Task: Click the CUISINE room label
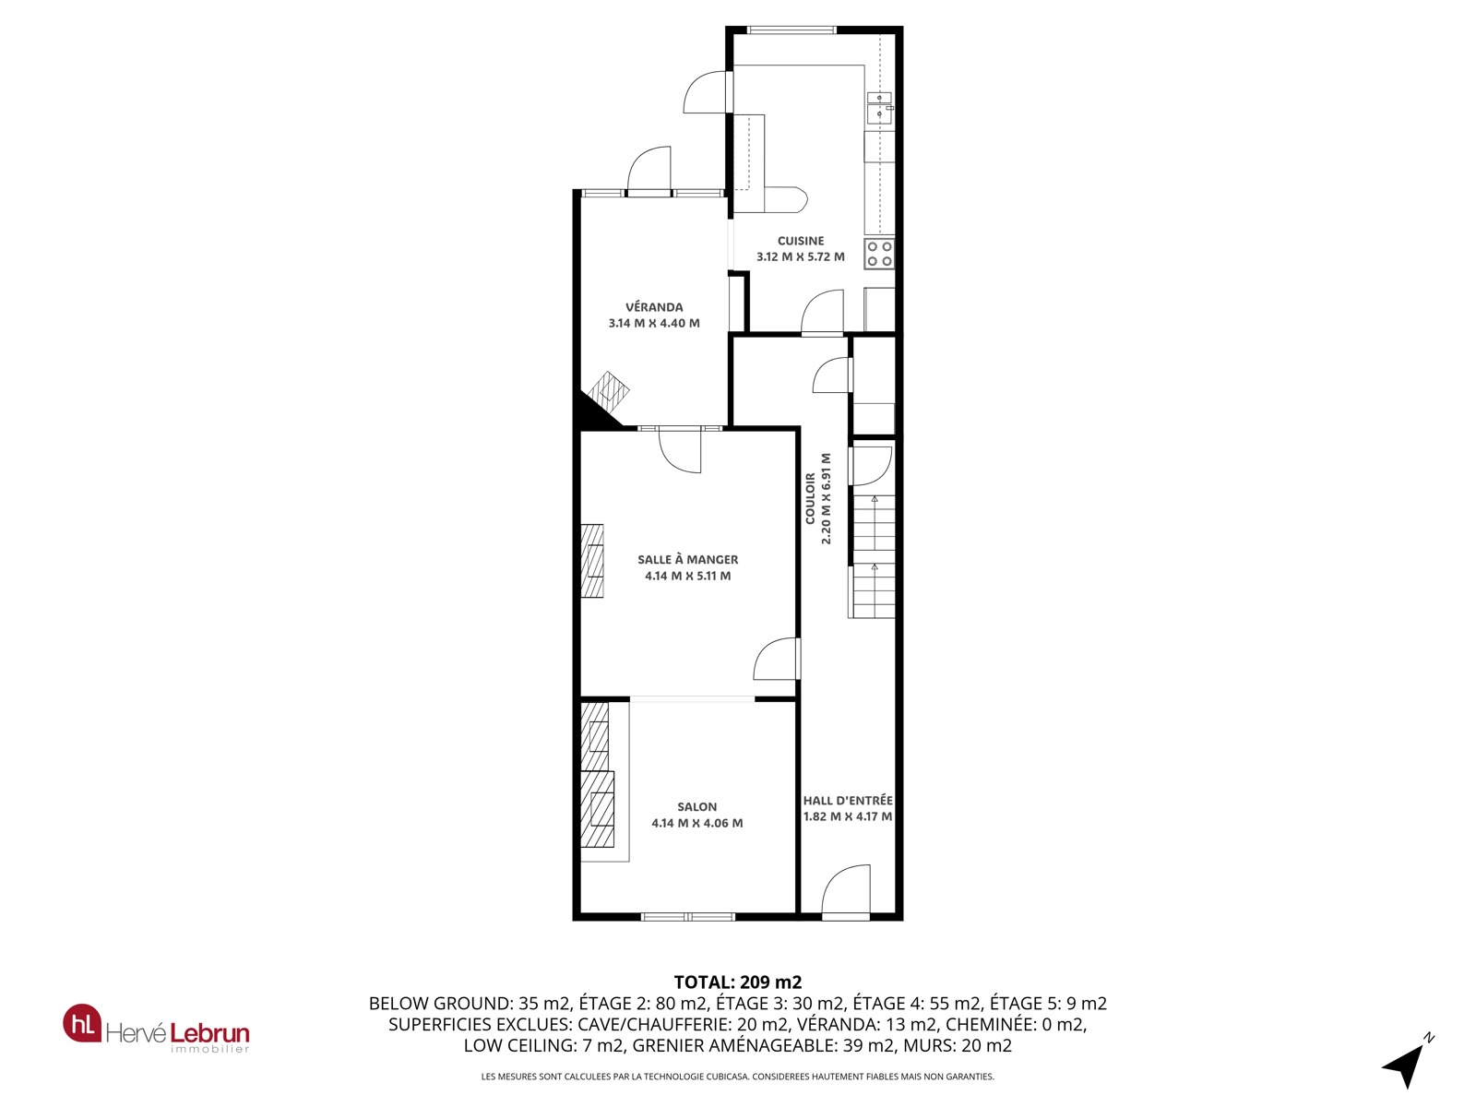(800, 241)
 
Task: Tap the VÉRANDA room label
(654, 307)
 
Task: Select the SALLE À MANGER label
(687, 559)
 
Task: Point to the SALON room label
(696, 806)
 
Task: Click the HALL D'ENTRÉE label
(847, 801)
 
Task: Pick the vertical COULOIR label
(810, 498)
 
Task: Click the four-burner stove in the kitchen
(879, 254)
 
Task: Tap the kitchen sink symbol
(879, 108)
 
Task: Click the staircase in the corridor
(872, 556)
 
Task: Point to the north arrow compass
(1408, 1061)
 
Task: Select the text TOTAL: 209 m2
(738, 982)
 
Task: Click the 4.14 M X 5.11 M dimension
(687, 576)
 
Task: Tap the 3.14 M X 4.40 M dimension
(654, 323)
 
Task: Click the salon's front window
(687, 916)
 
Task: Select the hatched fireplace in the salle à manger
(591, 561)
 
